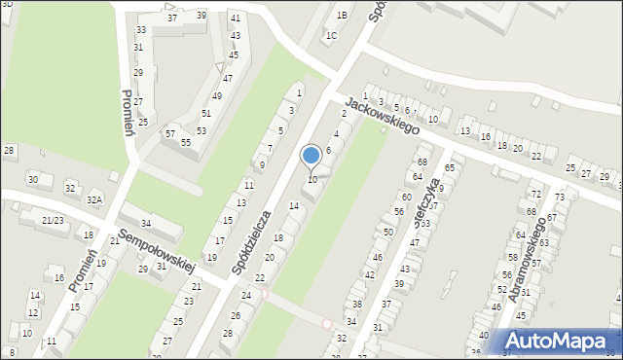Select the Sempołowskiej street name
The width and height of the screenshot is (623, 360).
[x=156, y=251]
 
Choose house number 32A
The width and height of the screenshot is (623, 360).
[x=94, y=199]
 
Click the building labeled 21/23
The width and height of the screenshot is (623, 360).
[x=53, y=221]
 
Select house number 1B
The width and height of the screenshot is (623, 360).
[x=342, y=16]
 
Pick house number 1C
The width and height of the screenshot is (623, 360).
[x=331, y=36]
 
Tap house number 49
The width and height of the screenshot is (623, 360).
[x=216, y=95]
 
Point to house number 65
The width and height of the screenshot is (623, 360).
[x=449, y=167]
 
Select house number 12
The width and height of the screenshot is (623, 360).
[x=32, y=312]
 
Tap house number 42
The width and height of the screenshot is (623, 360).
[x=369, y=275]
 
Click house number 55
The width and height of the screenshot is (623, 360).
[x=185, y=142]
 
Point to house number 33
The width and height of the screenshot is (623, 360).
[x=140, y=30]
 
